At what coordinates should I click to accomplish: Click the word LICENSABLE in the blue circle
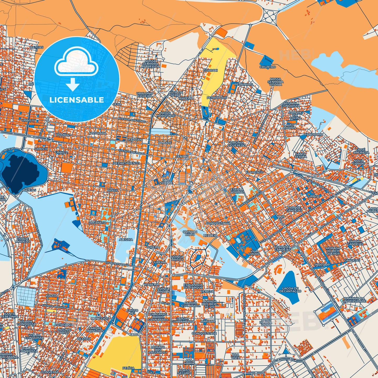point(77,100)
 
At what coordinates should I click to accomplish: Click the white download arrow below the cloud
point(73,85)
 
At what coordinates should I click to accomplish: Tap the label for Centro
point(182,157)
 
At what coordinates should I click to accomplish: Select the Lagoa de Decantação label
point(290,290)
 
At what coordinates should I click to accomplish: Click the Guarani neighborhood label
point(211,70)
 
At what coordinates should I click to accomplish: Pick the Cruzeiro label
point(268,67)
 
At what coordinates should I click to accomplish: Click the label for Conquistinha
point(218,223)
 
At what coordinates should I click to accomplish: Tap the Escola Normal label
point(237,190)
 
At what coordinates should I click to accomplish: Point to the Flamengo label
point(255,172)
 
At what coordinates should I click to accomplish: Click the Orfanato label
point(97,223)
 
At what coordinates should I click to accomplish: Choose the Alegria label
point(126,239)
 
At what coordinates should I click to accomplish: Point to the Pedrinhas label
point(244,84)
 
